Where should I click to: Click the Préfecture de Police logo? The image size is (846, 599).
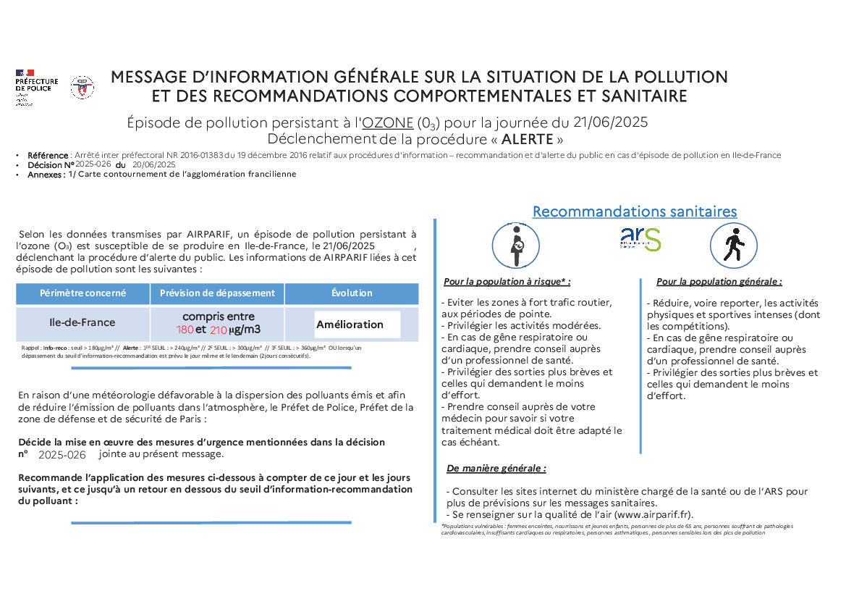point(37,88)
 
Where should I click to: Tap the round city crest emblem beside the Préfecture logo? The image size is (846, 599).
point(82,88)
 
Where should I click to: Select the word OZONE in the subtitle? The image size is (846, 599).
point(387,122)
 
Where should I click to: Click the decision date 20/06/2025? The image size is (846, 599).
point(154,164)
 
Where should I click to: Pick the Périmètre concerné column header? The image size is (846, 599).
point(83,293)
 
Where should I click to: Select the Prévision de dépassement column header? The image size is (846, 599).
point(217,293)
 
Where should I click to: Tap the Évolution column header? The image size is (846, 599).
point(352,293)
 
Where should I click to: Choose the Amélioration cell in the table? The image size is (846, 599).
point(350,324)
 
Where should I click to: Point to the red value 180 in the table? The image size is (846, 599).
point(185,330)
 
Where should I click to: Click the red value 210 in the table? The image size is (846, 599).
point(219,330)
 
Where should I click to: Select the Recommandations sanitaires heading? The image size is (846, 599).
point(635,211)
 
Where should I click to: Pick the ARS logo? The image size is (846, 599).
point(640,239)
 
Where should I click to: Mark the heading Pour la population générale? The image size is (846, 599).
point(719,282)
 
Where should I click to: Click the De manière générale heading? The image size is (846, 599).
point(496,469)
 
